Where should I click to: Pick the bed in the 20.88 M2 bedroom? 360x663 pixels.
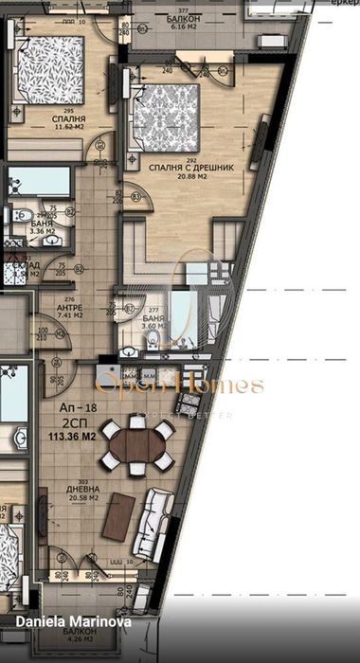pyautogui.click(x=169, y=117)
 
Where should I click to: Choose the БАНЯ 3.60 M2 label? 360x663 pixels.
pyautogui.click(x=154, y=325)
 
